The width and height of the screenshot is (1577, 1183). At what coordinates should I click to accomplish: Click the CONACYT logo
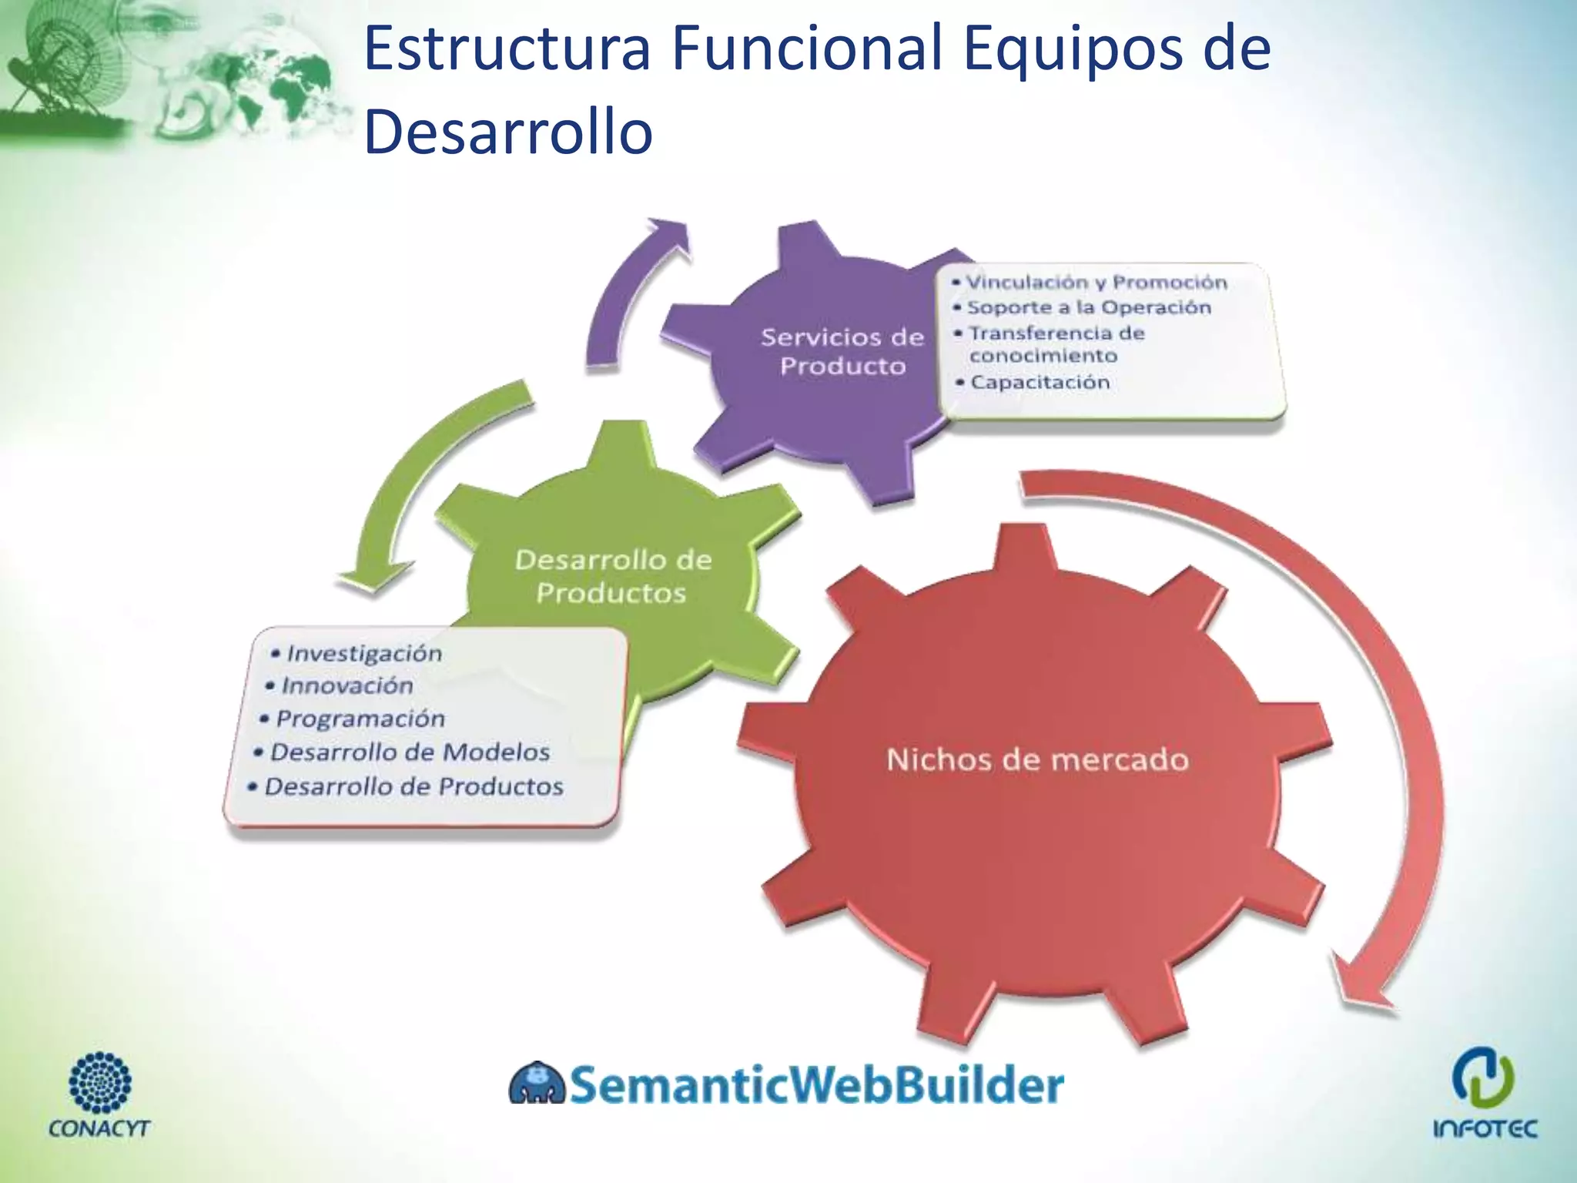(x=99, y=1094)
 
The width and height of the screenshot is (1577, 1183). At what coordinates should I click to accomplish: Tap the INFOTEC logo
(x=1484, y=1094)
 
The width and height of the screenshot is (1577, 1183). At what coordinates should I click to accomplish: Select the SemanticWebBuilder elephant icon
(x=537, y=1084)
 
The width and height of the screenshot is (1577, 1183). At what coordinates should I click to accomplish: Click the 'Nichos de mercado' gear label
(x=1037, y=760)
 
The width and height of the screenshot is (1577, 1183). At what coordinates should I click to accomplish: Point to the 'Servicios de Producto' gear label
(x=842, y=351)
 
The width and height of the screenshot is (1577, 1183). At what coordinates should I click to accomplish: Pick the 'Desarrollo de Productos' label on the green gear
(x=613, y=576)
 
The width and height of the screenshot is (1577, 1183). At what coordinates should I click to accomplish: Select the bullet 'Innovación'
(x=347, y=685)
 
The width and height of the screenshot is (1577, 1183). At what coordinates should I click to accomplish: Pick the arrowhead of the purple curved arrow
(x=667, y=230)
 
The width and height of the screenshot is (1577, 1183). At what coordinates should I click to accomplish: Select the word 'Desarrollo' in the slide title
(x=508, y=132)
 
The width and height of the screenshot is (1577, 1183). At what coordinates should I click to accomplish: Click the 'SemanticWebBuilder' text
(x=816, y=1084)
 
